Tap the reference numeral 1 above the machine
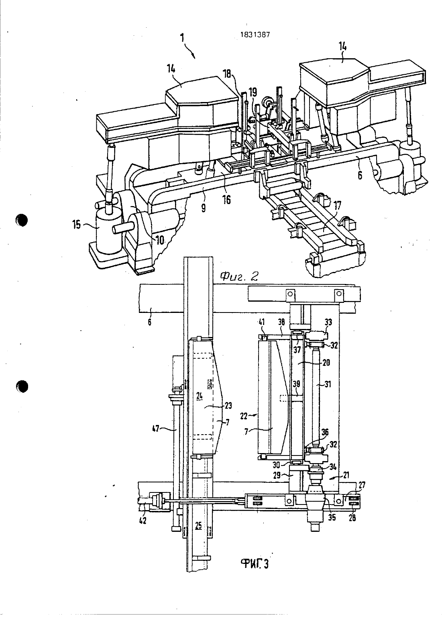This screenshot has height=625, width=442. point(182,37)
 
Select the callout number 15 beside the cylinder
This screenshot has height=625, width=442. point(77,224)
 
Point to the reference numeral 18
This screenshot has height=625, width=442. point(227,74)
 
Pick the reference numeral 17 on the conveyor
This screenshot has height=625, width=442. point(337,206)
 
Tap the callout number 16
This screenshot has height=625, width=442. point(227,200)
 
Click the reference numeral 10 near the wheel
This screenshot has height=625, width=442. point(160,240)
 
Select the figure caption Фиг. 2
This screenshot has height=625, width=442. point(239,276)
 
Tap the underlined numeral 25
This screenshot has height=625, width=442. point(199,526)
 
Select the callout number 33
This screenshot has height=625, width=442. point(328,323)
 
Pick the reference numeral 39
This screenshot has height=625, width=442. point(296,384)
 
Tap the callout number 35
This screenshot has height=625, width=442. point(332,518)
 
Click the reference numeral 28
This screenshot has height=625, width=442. point(352,518)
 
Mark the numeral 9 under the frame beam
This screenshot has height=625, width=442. point(203,208)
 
